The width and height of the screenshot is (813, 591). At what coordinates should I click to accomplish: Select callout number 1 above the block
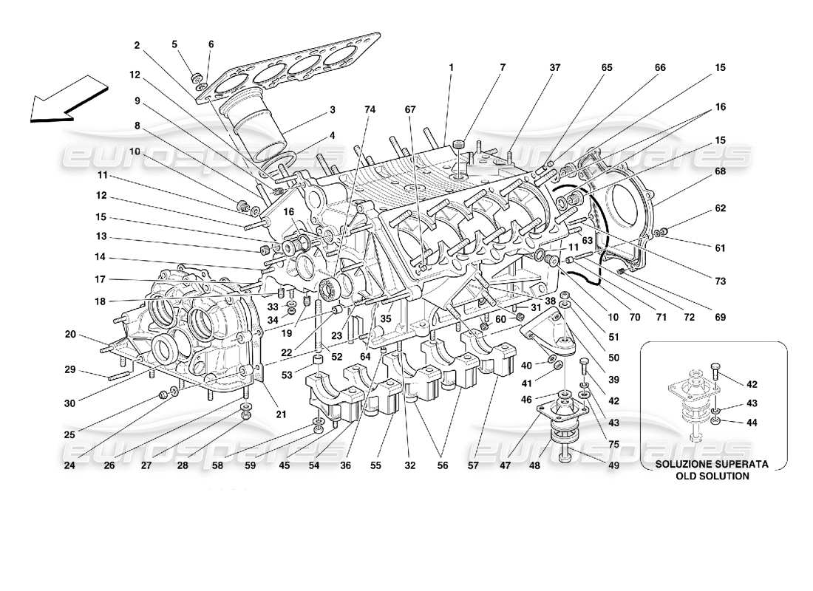click(449, 68)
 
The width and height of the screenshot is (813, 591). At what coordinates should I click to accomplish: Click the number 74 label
click(370, 109)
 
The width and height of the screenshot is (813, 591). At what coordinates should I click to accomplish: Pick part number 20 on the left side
click(70, 334)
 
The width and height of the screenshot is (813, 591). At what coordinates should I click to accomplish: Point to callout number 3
click(333, 109)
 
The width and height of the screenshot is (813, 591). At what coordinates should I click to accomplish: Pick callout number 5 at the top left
click(175, 44)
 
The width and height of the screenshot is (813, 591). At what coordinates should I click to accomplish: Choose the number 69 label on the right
click(719, 318)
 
